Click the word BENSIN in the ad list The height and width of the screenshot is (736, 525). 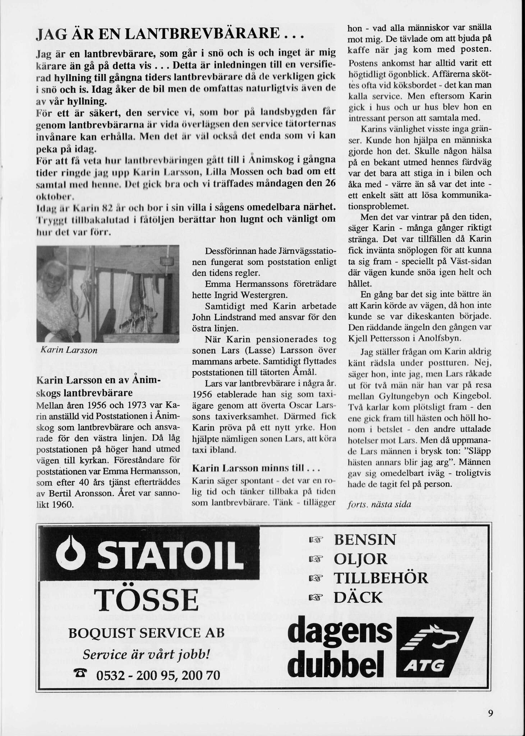coord(365,540)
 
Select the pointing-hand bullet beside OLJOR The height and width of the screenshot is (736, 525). coord(316,560)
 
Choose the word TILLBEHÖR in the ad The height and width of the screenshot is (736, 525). coord(381,578)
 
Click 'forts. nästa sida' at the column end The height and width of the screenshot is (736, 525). coord(379,504)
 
